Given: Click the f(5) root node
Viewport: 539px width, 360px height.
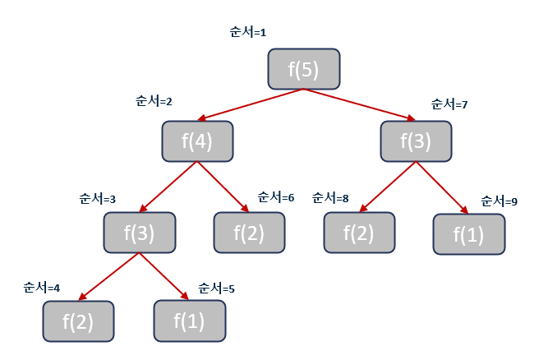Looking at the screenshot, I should point(304,69).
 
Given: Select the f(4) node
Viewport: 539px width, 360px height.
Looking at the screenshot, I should point(198,141).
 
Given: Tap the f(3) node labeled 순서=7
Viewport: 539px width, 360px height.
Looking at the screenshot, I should point(416,141).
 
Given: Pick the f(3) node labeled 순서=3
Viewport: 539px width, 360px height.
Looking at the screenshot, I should point(140,233).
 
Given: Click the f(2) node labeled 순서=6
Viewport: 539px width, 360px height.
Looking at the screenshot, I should point(249,233).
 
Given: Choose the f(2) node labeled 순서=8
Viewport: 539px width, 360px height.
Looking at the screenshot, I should point(358,233).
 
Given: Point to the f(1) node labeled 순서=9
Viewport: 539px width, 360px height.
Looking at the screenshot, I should point(469,235).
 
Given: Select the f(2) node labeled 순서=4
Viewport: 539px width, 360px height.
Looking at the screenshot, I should point(78,321).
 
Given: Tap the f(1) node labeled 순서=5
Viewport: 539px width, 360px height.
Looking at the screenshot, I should point(190,321).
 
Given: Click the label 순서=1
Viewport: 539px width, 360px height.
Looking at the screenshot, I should point(248,33).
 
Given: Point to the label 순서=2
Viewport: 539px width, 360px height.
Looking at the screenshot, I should point(153,102).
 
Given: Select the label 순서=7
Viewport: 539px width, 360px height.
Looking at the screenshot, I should point(449,104).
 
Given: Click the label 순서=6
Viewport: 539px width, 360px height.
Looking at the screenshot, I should point(276,197).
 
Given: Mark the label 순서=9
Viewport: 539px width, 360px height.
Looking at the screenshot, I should point(499,201).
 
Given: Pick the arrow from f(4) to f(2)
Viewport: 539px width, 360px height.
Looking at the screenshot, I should point(222,187).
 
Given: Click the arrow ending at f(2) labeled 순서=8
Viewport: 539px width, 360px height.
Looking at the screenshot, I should point(387,187).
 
